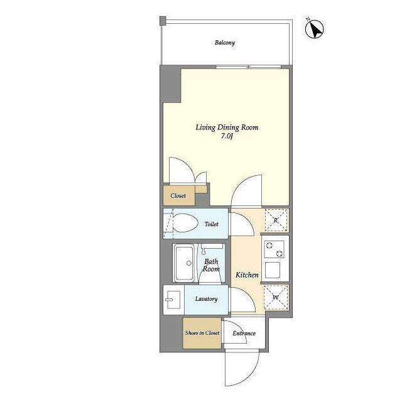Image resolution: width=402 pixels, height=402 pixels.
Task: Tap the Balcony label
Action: click(x=225, y=43)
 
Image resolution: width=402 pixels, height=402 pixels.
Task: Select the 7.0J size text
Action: click(x=227, y=136)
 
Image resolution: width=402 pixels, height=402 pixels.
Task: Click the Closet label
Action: click(x=178, y=195)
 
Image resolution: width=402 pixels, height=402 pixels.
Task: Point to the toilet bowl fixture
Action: click(x=185, y=223)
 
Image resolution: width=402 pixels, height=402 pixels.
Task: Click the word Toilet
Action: click(x=212, y=224)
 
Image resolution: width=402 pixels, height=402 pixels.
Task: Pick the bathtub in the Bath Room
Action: click(x=184, y=263)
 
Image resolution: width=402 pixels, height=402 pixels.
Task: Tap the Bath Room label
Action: click(x=211, y=265)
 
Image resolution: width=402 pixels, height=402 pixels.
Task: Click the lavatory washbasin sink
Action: click(x=173, y=300)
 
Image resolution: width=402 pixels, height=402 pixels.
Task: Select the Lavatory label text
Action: click(x=206, y=299)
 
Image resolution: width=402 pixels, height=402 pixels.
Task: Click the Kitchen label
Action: click(x=247, y=275)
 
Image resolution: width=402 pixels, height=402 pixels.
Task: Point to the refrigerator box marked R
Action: click(x=276, y=220)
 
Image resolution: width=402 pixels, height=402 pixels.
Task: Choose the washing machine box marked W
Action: click(x=276, y=297)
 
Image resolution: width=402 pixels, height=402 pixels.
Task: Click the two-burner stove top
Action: click(x=274, y=249)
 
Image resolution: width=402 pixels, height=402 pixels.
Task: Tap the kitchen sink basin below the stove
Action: click(x=272, y=270)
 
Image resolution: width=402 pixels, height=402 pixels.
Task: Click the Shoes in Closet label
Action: click(x=202, y=333)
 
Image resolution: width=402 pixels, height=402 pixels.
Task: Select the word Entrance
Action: click(x=244, y=334)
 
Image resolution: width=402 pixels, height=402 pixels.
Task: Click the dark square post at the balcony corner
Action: click(x=163, y=21)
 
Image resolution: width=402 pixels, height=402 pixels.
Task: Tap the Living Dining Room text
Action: click(x=227, y=128)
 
